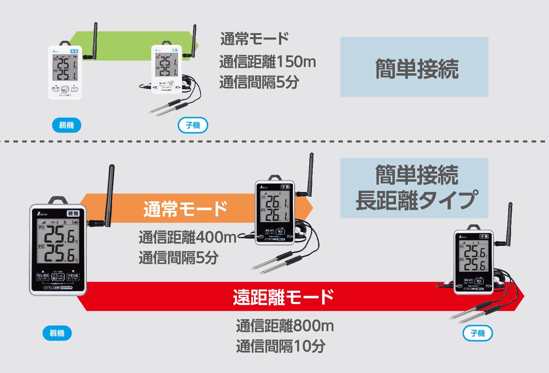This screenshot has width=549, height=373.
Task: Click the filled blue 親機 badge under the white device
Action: point(66,125)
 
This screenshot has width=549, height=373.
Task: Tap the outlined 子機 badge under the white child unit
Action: point(193,125)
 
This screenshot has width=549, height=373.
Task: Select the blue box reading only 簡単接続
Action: point(414,67)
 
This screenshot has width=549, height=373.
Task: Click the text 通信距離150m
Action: point(267,62)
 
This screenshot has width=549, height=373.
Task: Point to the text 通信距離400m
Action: point(187,237)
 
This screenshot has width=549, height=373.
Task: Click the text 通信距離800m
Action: point(285,326)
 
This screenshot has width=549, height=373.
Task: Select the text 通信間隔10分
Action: point(281,346)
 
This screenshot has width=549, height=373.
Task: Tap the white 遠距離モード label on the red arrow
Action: point(283,297)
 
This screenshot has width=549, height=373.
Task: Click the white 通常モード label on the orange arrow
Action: point(185,209)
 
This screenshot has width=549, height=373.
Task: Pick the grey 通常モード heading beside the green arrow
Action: point(255,39)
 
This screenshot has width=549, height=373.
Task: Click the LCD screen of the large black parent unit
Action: point(58,243)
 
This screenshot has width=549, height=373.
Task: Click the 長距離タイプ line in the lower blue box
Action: point(416,200)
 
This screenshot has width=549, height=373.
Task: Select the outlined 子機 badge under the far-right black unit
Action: point(478,333)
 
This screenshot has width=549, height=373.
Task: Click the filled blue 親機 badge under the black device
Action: point(57,333)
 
